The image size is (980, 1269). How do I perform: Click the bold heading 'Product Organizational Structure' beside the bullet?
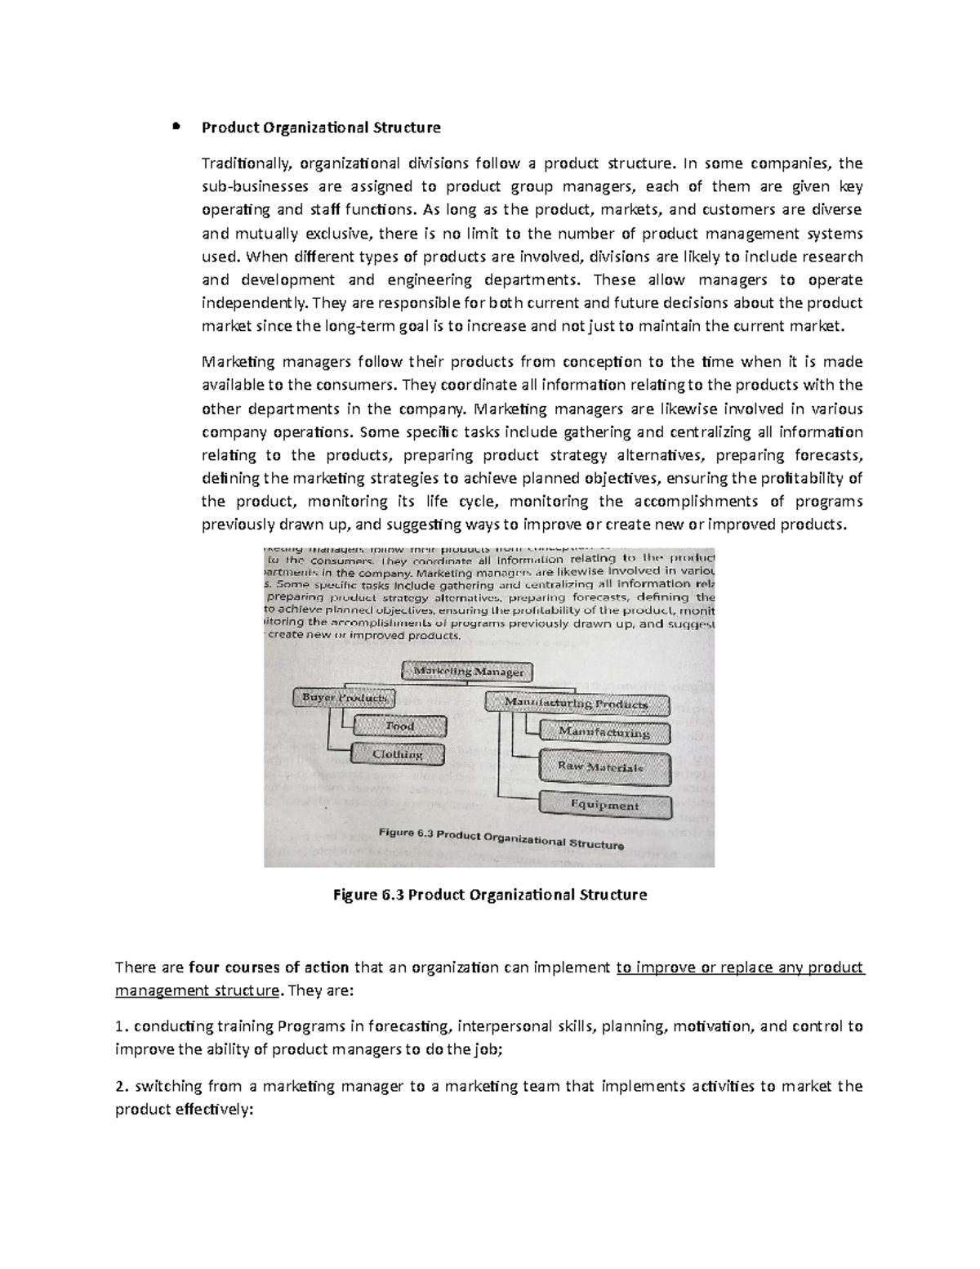click(x=321, y=127)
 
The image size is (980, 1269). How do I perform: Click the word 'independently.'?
click(x=256, y=303)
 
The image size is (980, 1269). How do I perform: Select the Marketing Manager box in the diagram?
click(x=468, y=672)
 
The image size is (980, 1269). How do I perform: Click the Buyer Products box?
click(x=344, y=698)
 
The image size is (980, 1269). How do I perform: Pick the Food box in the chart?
click(x=400, y=726)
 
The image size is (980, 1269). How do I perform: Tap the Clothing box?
click(x=398, y=754)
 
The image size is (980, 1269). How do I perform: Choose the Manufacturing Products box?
click(x=577, y=704)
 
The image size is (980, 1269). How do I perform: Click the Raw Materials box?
click(x=604, y=767)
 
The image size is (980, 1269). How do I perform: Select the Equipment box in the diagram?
click(x=604, y=805)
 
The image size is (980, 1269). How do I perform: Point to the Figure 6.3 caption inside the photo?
click(x=501, y=838)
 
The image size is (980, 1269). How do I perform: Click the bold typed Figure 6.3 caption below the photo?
click(x=490, y=895)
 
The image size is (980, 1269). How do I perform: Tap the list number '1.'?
click(x=122, y=1027)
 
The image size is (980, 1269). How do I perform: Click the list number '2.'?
click(x=122, y=1087)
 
